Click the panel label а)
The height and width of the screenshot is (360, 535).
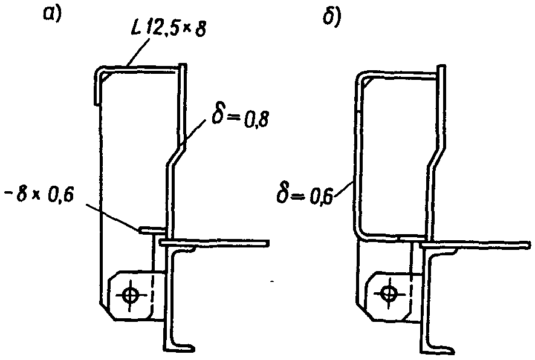click(51, 13)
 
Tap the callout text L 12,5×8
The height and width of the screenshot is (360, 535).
click(168, 28)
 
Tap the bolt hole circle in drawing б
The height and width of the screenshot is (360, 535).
click(388, 293)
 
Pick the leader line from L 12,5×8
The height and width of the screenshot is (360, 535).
click(138, 52)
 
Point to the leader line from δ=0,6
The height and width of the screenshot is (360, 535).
click(343, 188)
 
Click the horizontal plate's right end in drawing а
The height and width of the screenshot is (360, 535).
click(268, 243)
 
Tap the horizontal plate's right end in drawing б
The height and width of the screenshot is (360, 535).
click(529, 244)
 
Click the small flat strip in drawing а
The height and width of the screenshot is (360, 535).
click(152, 230)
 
